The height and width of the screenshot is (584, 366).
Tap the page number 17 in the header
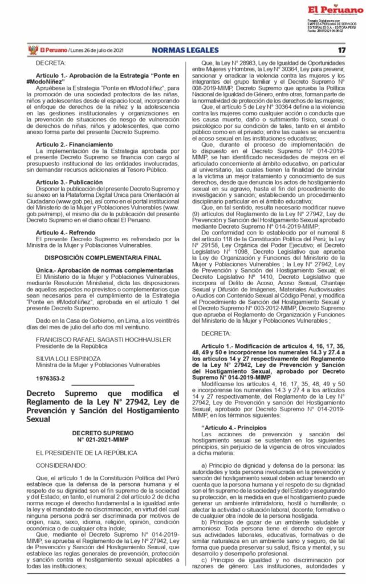click(341, 50)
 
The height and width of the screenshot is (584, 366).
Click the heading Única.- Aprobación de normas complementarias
click(96, 269)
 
